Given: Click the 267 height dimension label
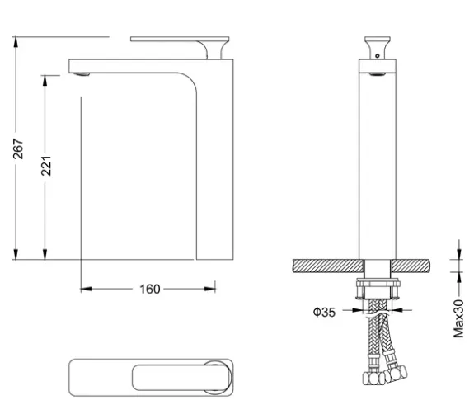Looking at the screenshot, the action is [18, 148].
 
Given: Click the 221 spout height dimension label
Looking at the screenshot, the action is [46, 166].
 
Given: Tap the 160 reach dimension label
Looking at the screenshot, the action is [150, 290].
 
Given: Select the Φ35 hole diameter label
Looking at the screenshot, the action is [324, 312].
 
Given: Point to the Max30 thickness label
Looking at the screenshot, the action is [458, 318].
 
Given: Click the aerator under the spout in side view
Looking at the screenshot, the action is [82, 73].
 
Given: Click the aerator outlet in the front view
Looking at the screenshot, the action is [378, 73].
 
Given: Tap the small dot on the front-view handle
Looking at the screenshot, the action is [377, 56].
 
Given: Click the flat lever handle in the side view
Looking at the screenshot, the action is [180, 39].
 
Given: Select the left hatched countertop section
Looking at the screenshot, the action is [328, 266].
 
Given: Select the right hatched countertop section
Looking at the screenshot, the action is [410, 266].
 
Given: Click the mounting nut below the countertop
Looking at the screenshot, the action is [378, 284].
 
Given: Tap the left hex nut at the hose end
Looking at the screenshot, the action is [373, 379].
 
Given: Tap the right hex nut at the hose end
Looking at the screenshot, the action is [396, 374].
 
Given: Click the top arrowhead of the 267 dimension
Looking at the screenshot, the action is [16, 42].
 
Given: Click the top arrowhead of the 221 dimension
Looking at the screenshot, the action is [45, 80].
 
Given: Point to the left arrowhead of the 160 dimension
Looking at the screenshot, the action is [87, 289].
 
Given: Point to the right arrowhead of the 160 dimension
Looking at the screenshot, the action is [209, 289].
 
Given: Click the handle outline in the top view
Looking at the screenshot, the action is [181, 377].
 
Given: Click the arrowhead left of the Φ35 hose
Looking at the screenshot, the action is [357, 310].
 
